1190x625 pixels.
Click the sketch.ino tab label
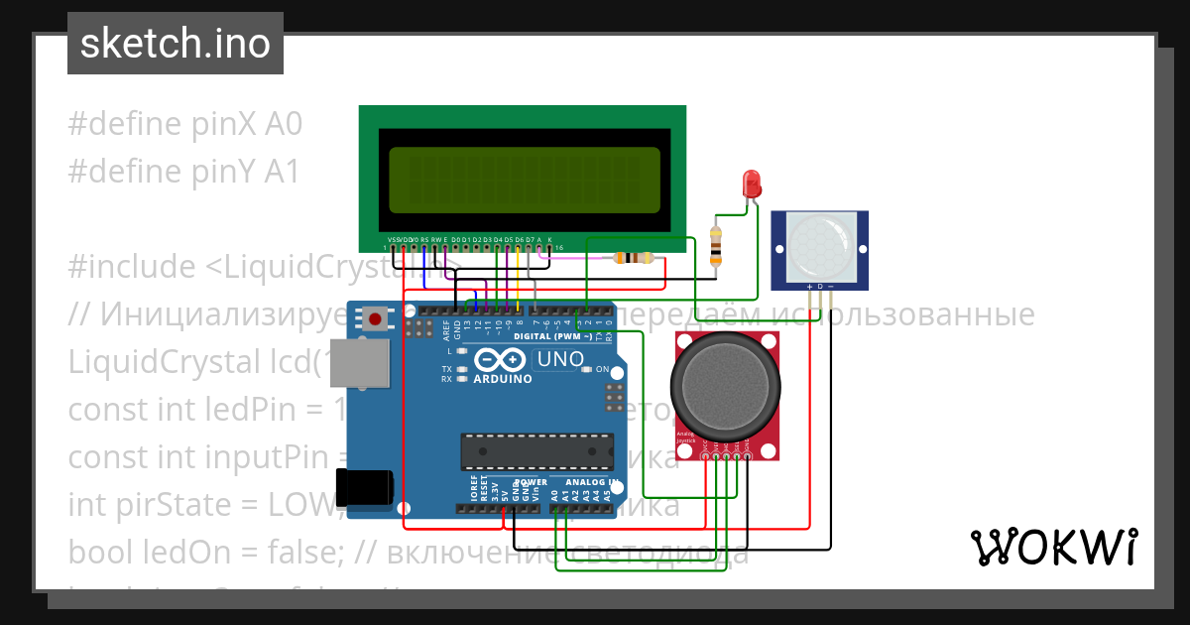(x=175, y=44)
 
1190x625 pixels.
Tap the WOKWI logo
(x=1053, y=547)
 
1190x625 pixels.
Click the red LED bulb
(x=752, y=184)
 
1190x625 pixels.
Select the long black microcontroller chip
(x=533, y=450)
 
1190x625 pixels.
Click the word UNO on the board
(x=559, y=358)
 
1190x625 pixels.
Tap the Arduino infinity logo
(x=501, y=359)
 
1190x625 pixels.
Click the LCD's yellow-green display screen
(x=525, y=180)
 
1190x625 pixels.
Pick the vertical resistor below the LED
(x=716, y=246)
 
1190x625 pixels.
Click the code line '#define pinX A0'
(x=184, y=124)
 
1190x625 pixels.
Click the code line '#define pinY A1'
(x=183, y=172)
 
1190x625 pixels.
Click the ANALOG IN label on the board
(x=592, y=481)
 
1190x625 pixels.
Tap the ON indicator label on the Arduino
(x=601, y=369)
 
